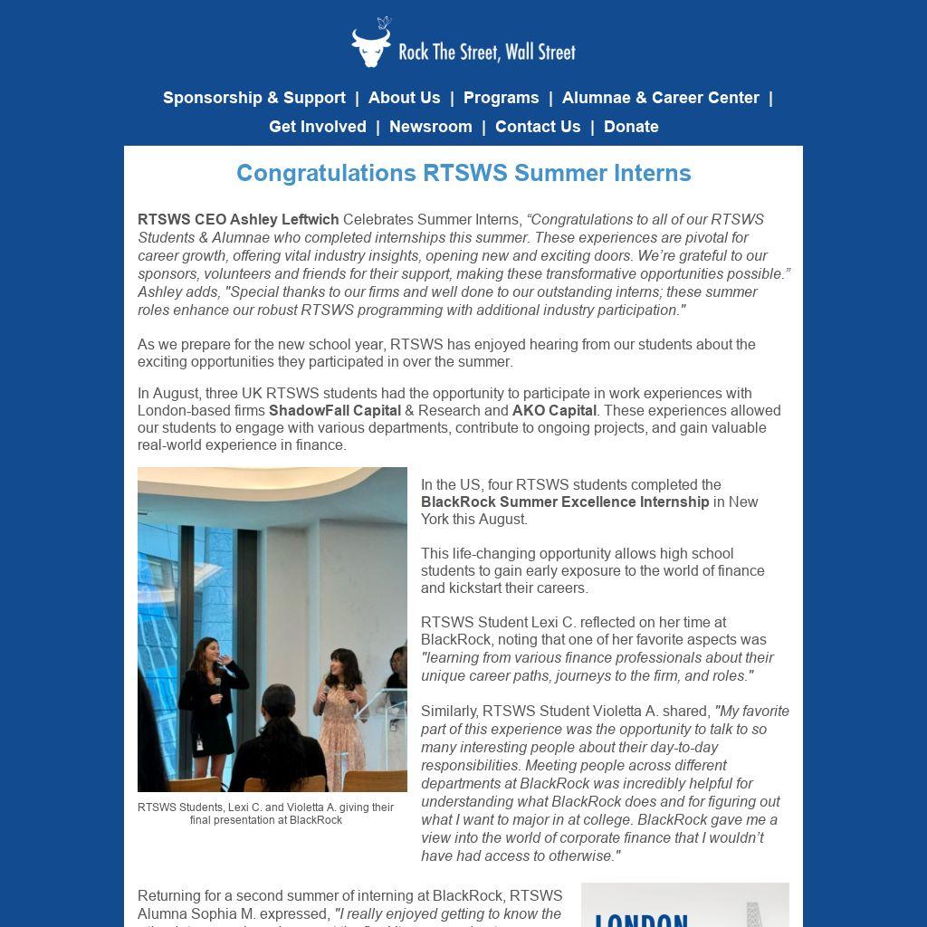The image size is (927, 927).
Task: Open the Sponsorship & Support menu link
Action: tap(254, 98)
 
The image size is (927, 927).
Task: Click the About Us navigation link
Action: tap(404, 98)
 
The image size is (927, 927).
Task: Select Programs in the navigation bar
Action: tap(501, 98)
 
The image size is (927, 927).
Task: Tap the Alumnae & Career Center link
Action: tap(660, 98)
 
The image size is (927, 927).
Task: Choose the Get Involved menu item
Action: tap(318, 127)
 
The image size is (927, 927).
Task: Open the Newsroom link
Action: tap(430, 127)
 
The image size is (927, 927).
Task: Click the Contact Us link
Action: tap(538, 127)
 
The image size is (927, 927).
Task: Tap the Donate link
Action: tap(631, 127)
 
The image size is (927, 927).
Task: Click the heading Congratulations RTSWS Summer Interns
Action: tap(463, 173)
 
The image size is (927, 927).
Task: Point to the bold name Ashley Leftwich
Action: tap(284, 219)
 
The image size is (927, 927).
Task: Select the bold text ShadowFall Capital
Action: tap(335, 410)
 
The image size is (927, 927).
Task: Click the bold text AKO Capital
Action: tap(554, 410)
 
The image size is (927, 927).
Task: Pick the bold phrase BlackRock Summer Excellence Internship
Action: tap(565, 502)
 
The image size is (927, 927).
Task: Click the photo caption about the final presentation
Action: tap(266, 813)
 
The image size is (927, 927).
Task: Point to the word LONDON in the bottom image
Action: tap(641, 918)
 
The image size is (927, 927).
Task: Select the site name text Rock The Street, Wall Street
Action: tap(487, 52)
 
